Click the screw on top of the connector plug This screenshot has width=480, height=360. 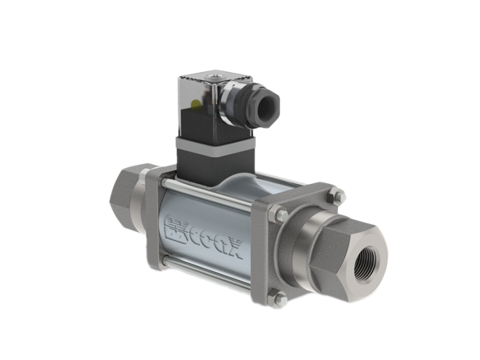click(212, 76)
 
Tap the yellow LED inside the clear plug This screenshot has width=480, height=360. click(196, 104)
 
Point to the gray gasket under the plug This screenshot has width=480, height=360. click(216, 145)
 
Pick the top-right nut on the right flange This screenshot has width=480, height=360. click(337, 196)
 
